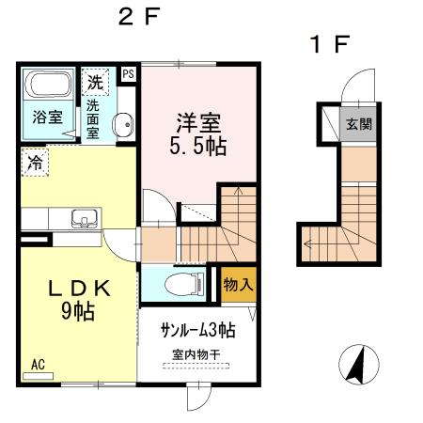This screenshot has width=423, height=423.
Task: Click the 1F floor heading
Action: (x=330, y=43)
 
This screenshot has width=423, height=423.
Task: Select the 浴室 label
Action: (x=48, y=117)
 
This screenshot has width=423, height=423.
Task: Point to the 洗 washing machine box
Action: (x=95, y=82)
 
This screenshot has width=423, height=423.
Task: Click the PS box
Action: (x=129, y=71)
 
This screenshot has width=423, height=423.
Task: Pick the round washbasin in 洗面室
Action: (x=122, y=127)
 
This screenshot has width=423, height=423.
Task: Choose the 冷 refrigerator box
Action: (x=34, y=162)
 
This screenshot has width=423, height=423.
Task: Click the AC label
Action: (x=38, y=364)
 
